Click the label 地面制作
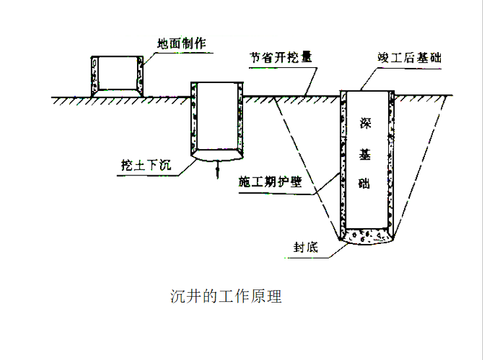point(181,45)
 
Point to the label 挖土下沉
point(146,165)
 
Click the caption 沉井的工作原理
point(226,296)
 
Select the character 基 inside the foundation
point(366,154)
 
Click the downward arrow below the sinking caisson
point(215,171)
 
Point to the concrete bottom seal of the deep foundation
point(366,237)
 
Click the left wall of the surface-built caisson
point(94,75)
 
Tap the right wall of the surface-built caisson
point(140,75)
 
